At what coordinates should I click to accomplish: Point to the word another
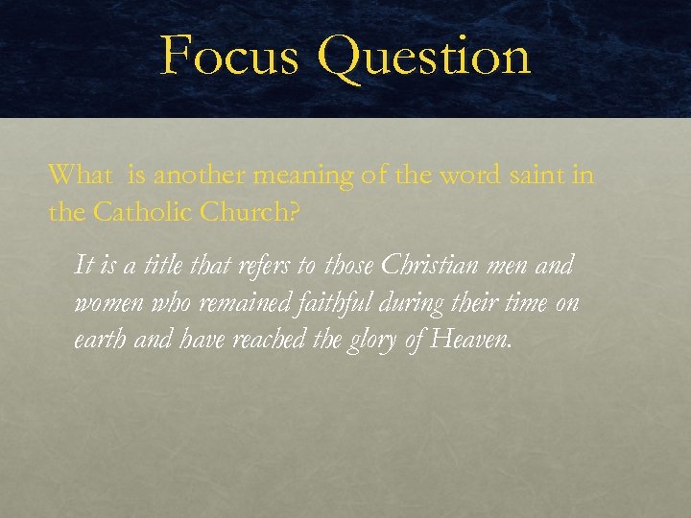[x=196, y=175]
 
